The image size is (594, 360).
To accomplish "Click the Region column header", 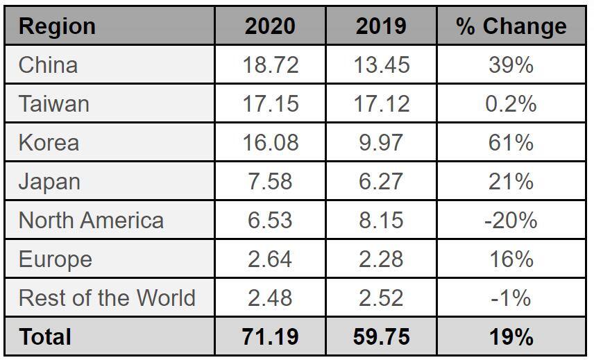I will tap(57, 26).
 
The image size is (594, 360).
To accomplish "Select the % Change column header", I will tap(511, 26).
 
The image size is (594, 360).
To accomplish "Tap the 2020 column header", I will tap(270, 26).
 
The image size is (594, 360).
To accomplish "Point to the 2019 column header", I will tap(381, 26).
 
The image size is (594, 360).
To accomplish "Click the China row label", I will tap(48, 65).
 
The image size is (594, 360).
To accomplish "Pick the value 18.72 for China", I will tap(271, 65).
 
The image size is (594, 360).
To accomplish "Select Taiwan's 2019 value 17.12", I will tap(381, 104).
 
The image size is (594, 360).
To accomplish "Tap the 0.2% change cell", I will tap(511, 104).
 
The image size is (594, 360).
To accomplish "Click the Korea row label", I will tap(49, 143).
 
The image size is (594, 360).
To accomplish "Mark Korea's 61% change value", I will tap(511, 143).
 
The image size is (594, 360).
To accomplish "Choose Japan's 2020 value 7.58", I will tap(271, 182).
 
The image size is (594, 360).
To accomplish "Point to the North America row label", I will tap(91, 221).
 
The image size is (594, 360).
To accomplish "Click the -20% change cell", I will tap(511, 221).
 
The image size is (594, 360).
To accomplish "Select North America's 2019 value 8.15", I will tap(381, 221).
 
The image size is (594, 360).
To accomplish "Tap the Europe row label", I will tap(55, 259).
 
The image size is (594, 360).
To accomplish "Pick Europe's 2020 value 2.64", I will tap(271, 259).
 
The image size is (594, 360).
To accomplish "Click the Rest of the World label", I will tap(107, 298).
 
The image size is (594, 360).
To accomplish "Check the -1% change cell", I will tap(511, 298).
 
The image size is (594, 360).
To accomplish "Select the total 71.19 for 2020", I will tap(271, 337).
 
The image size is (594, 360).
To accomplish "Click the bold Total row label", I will tap(45, 337).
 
